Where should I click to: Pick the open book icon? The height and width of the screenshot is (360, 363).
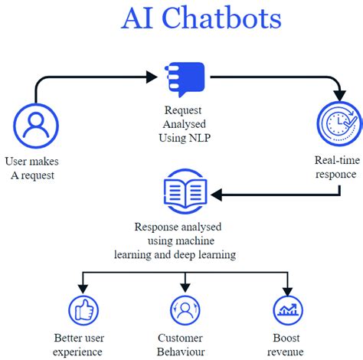coord(185,195)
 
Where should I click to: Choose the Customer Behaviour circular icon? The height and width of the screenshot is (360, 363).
coord(185,310)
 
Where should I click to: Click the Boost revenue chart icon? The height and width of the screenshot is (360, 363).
coord(288,310)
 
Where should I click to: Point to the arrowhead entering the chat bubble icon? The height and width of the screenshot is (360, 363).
coord(152,77)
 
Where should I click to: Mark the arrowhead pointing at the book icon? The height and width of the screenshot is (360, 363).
coord(217,195)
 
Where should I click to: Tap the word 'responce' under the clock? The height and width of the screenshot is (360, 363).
coord(335,174)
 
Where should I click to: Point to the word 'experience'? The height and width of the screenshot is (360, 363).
coord(78,352)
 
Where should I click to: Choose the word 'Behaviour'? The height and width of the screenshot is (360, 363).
coord(180,352)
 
